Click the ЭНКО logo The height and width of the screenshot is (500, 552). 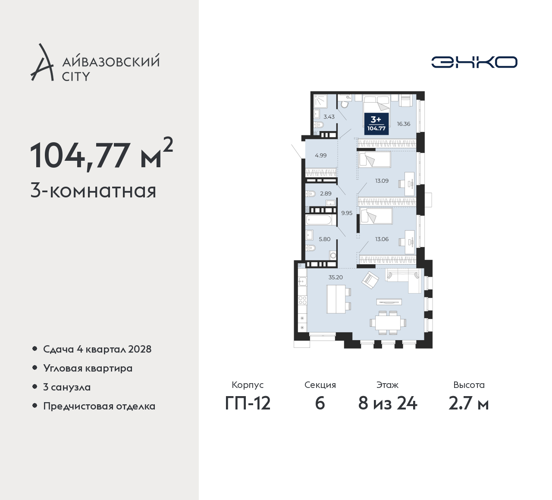[x=474, y=62]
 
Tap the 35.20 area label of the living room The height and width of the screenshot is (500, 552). [x=336, y=277]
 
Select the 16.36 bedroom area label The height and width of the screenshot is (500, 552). [x=403, y=124]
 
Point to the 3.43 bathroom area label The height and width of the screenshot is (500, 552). [x=329, y=117]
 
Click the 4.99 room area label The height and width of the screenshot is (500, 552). [x=321, y=156]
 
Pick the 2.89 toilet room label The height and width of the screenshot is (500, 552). [x=326, y=194]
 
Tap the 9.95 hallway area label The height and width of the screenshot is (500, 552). [x=347, y=212]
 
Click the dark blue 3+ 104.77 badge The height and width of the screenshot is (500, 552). [x=376, y=123]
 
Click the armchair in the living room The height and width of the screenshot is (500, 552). [x=370, y=280]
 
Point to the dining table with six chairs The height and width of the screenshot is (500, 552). [x=388, y=322]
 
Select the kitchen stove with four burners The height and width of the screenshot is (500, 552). [x=303, y=300]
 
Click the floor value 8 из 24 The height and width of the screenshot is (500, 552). [x=387, y=404]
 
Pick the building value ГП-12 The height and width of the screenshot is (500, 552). [x=248, y=404]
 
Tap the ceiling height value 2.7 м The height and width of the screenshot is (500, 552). [x=469, y=404]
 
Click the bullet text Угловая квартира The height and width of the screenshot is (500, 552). [x=88, y=368]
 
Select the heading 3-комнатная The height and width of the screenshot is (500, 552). [x=93, y=191]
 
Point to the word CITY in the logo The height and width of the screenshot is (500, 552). [x=76, y=77]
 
